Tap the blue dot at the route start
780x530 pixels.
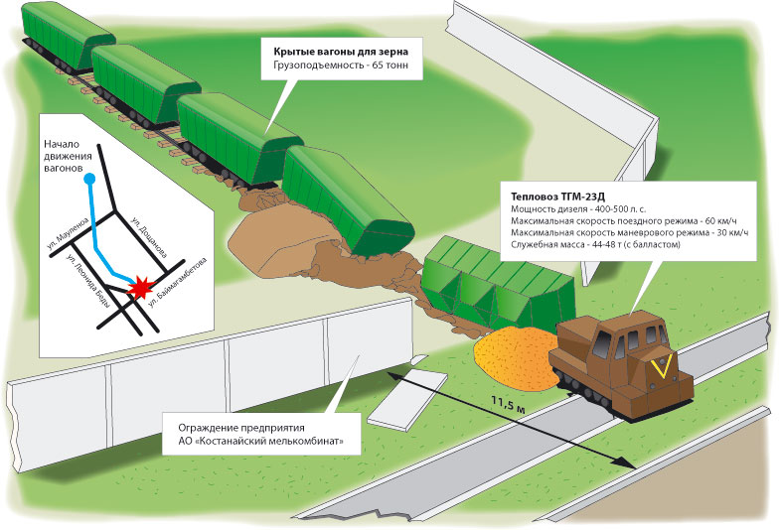click(89, 179)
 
